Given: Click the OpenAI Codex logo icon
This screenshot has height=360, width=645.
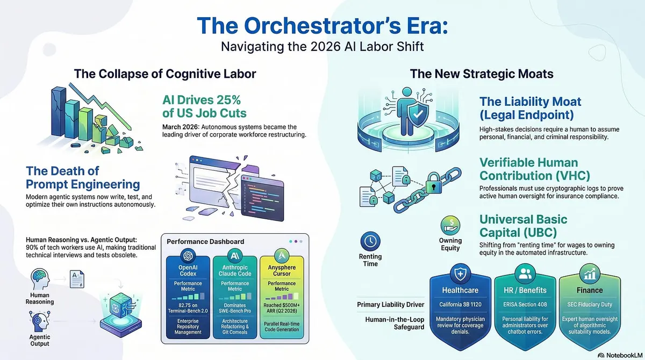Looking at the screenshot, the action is point(188,256).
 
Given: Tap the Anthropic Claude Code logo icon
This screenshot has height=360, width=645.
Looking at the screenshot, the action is point(235,256).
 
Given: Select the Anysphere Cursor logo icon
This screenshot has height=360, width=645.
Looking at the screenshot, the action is point(282,256).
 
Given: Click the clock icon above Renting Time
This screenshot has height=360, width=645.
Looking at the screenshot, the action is point(370,241).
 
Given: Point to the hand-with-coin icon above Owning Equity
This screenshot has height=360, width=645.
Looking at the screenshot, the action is point(450,226).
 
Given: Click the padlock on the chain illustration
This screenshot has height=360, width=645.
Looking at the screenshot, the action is point(434,183).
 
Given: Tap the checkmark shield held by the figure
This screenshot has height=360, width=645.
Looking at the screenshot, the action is point(418,114).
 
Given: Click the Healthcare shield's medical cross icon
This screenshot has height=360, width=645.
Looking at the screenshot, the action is point(460,273).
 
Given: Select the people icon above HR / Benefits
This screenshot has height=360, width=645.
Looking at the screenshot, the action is point(525,273).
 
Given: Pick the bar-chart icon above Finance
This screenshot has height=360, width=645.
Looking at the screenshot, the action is point(590,273).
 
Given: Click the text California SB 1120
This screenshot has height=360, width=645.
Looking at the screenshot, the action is point(460,305).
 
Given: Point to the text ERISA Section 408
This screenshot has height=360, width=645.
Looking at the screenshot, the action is point(525,305).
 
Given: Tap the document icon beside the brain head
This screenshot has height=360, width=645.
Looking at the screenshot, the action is point(77,279).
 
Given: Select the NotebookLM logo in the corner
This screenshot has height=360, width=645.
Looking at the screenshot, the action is point(620,355).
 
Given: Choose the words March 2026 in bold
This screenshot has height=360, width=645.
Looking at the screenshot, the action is point(180,127).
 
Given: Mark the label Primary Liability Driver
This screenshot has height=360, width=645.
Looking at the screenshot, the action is point(390,305).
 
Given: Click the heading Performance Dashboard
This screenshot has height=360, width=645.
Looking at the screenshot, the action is point(205,241).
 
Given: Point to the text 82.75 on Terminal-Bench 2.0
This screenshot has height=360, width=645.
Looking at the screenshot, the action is point(188,308).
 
